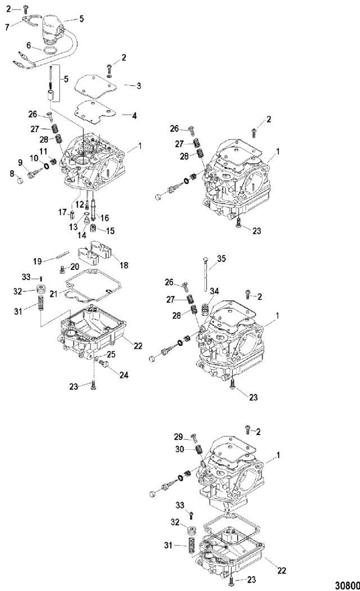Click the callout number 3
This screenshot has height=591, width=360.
click(139, 86)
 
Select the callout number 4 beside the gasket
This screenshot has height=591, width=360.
click(134, 116)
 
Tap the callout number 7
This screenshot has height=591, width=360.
click(7, 28)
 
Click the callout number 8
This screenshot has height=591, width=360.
click(12, 174)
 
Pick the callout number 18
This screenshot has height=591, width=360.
click(124, 265)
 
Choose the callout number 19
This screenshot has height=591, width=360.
click(37, 261)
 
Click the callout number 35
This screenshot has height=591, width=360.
click(221, 259)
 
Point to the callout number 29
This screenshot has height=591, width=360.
click(178, 437)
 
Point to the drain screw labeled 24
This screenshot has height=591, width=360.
click(104, 363)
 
